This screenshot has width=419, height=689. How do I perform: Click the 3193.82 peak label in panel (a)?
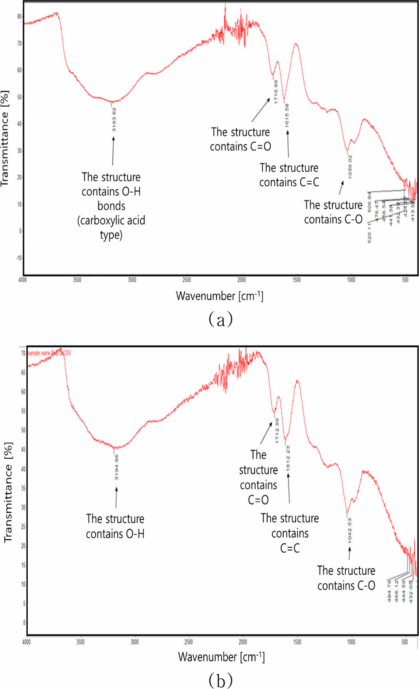point(114,120)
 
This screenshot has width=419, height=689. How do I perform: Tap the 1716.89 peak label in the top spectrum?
point(276,91)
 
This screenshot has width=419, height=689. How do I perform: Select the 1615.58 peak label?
point(287,115)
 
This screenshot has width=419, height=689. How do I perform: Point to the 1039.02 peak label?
point(350,166)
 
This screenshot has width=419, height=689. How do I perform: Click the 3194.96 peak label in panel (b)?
point(116,467)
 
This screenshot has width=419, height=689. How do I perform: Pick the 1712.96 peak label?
point(277,431)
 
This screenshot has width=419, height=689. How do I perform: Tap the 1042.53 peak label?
point(349,530)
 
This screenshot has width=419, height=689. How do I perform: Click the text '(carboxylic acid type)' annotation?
point(111,227)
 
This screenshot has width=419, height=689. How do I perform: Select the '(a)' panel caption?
point(221,319)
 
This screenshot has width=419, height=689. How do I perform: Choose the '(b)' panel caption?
point(221,680)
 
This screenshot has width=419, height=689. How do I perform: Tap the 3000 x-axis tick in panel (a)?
point(132,280)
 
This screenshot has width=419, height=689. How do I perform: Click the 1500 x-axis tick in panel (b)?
point(297,642)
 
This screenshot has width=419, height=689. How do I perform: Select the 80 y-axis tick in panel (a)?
point(19,16)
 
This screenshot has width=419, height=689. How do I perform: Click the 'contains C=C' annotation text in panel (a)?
point(289,182)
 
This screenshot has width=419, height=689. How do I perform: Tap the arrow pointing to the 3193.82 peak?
point(113,150)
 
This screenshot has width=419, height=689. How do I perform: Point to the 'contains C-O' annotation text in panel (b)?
point(346,585)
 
